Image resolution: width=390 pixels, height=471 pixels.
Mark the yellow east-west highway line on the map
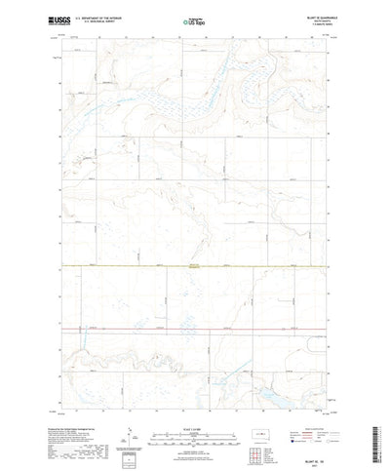(195, 265)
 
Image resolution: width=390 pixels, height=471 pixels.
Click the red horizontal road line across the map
(195, 331)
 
